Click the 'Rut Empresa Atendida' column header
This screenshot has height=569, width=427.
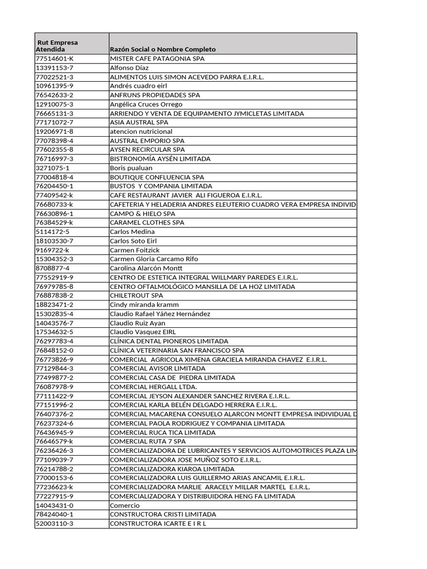pyautogui.click(x=57, y=46)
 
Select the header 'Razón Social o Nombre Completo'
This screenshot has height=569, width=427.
pyautogui.click(x=163, y=49)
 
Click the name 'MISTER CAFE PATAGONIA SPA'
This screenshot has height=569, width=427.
pyautogui.click(x=157, y=58)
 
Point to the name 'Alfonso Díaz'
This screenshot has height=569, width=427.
pyautogui.click(x=130, y=68)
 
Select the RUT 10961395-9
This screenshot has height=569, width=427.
pyautogui.click(x=54, y=86)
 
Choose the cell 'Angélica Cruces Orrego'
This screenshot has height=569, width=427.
pyautogui.click(x=146, y=104)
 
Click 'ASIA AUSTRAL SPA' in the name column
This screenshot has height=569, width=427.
pyautogui.click(x=139, y=122)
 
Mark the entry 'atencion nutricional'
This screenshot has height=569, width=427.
pyautogui.click(x=141, y=132)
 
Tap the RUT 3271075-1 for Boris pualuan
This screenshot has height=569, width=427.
pyautogui.click(x=52, y=168)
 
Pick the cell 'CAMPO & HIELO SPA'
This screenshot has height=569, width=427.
pyautogui.click(x=142, y=213)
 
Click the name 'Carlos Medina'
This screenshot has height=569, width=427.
pyautogui.click(x=131, y=232)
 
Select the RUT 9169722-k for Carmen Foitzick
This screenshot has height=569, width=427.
pyautogui.click(x=52, y=250)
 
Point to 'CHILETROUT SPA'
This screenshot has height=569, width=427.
pyautogui.click(x=137, y=296)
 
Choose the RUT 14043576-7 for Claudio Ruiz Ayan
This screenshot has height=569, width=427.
pyautogui.click(x=54, y=323)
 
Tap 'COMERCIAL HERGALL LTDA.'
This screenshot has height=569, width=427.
pyautogui.click(x=153, y=387)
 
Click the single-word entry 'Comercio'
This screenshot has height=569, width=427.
pyautogui.click(x=125, y=506)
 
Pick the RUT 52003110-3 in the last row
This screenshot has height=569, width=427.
pyautogui.click(x=54, y=523)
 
